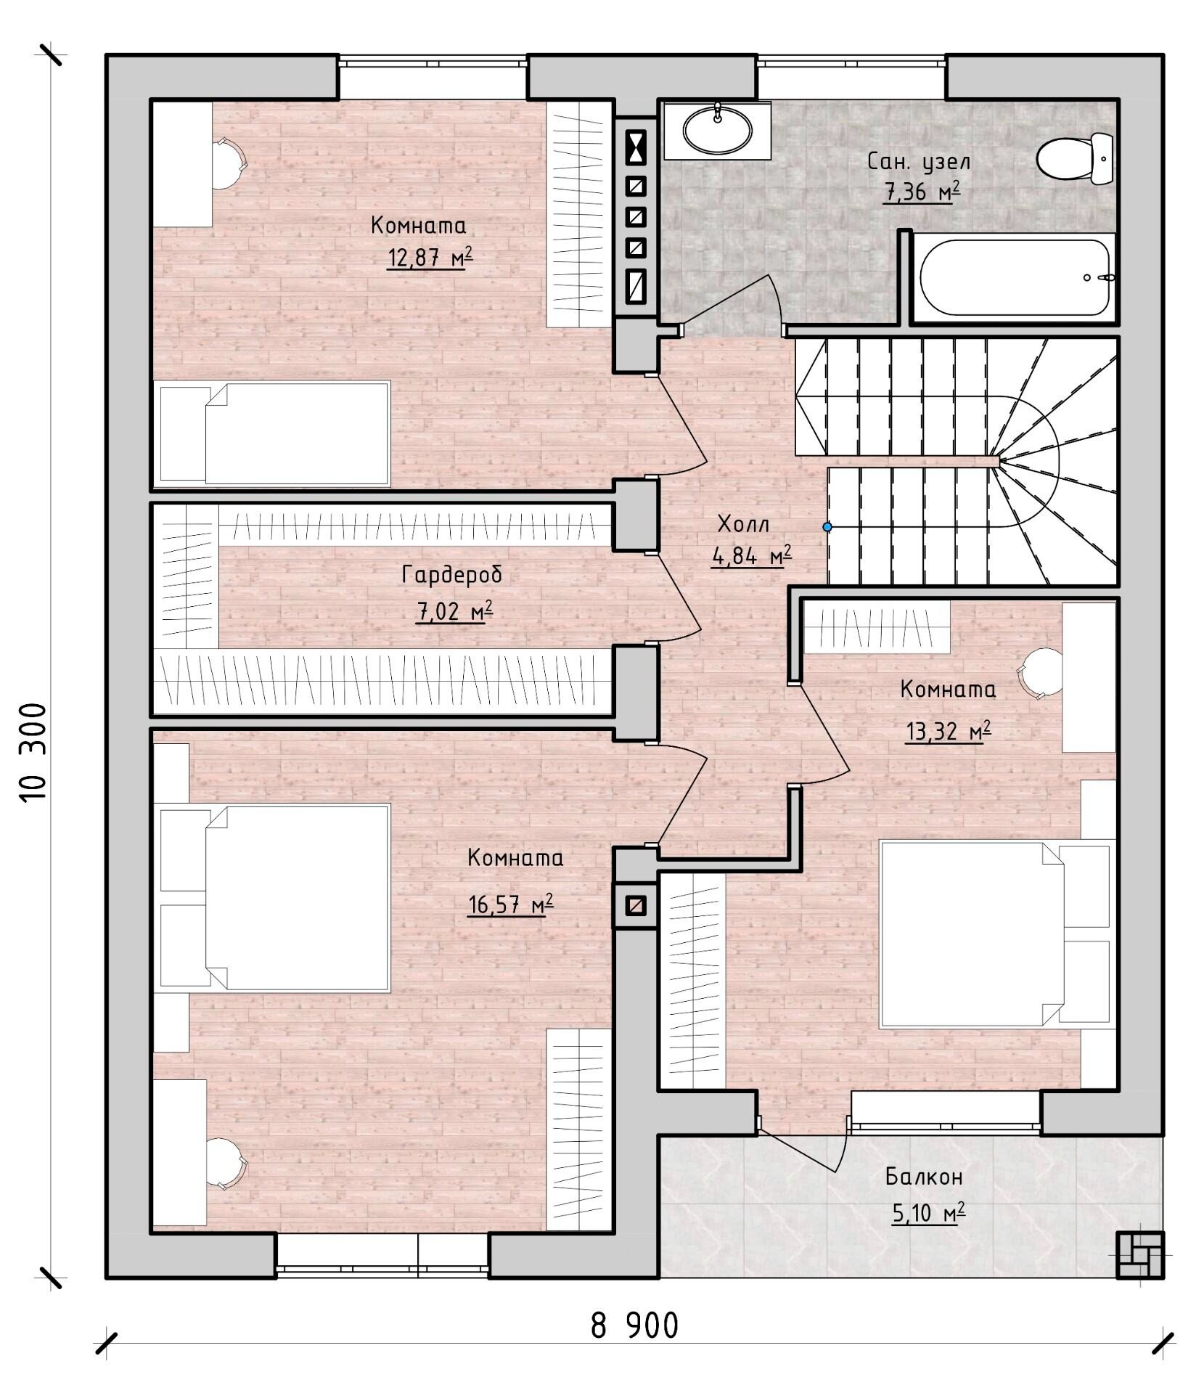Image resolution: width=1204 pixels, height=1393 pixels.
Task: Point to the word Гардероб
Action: pyautogui.click(x=451, y=575)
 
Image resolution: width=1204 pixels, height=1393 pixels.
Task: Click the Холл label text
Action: pyautogui.click(x=743, y=524)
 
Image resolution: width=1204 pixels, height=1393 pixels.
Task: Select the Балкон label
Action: pyautogui.click(x=924, y=1177)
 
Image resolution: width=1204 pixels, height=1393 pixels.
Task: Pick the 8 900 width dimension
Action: pyautogui.click(x=634, y=1325)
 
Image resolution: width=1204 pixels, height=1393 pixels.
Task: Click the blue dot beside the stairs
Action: pyautogui.click(x=827, y=526)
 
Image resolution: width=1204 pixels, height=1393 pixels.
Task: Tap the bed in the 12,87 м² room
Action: pyautogui.click(x=274, y=433)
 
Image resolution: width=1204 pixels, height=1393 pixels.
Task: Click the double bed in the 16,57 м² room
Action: pyautogui.click(x=274, y=896)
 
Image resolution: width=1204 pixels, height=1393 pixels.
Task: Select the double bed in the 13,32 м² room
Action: pyautogui.click(x=995, y=934)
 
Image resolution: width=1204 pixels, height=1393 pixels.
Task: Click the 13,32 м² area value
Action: pyautogui.click(x=948, y=731)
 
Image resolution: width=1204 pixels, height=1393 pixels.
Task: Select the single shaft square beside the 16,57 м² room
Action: pyautogui.click(x=636, y=905)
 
